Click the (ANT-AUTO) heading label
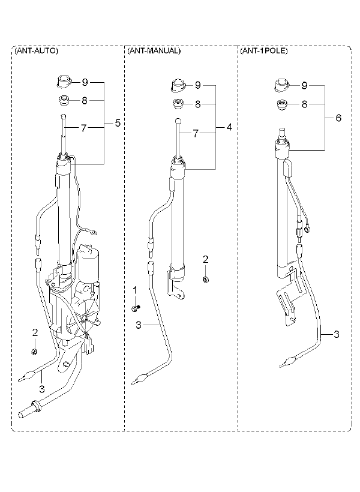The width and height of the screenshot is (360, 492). (36, 51)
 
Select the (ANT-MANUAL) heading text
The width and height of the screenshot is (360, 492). (154, 51)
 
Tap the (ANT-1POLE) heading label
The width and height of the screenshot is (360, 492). (263, 51)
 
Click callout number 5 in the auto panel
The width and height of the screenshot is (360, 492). (118, 123)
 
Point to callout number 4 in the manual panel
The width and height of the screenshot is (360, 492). (229, 127)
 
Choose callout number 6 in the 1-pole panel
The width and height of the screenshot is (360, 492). (338, 118)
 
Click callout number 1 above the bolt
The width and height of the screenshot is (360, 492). (135, 290)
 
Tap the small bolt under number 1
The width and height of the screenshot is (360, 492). (136, 308)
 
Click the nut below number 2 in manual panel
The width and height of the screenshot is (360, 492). (206, 279)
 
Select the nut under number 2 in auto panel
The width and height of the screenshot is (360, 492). (35, 352)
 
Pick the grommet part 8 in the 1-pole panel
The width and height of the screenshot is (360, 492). (283, 104)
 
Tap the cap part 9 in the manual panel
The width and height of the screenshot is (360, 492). (179, 85)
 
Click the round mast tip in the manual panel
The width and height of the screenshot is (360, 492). (178, 121)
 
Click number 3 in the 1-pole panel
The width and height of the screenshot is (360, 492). (337, 334)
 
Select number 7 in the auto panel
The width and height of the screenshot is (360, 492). (83, 128)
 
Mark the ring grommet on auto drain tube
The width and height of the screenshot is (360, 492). (35, 406)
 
